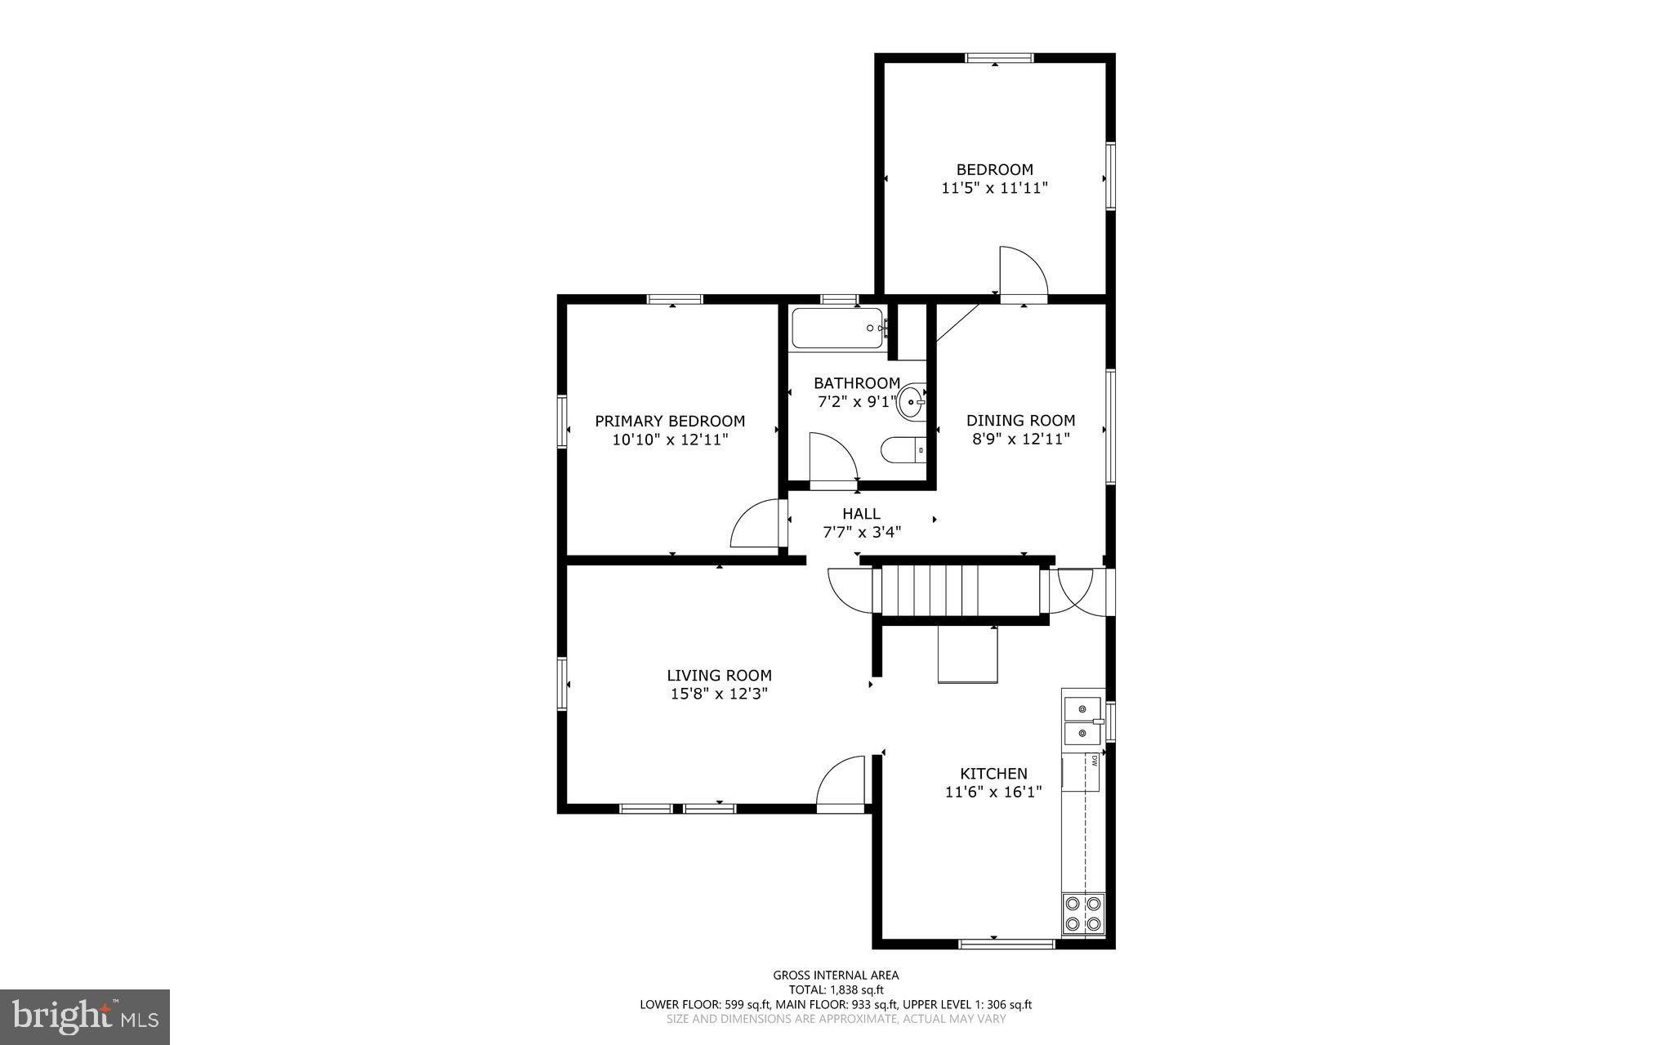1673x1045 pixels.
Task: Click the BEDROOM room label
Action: point(994,169)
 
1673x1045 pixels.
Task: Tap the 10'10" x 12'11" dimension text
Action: point(670,440)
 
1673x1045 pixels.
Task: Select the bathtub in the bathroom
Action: point(836,328)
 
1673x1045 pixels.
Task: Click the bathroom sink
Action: point(912,403)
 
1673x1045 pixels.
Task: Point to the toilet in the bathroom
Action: point(902,450)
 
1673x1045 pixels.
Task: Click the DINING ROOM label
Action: point(1020,421)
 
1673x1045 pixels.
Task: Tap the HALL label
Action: point(861,514)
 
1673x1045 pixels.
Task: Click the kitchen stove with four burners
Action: point(1082,913)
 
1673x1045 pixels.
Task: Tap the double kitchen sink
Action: point(1081,721)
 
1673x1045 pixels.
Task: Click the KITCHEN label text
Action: point(993,774)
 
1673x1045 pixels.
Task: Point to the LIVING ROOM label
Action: point(719,676)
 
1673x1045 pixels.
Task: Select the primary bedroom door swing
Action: point(756,525)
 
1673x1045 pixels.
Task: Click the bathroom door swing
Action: point(830,459)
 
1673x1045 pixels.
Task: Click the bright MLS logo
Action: point(85,1016)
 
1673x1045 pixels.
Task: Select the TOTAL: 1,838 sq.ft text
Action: point(836,989)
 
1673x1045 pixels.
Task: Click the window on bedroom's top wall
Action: point(999,58)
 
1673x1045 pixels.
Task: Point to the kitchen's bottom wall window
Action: point(1006,944)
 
